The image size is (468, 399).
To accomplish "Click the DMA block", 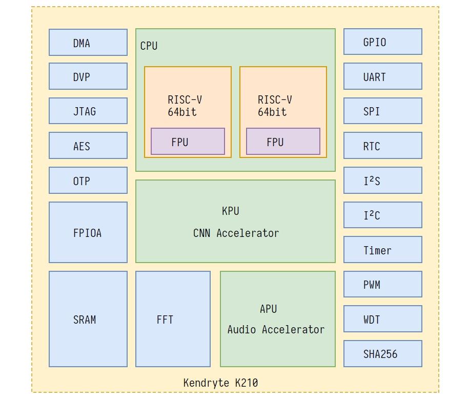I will tap(88, 43).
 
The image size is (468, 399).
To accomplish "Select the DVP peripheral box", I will tap(88, 76).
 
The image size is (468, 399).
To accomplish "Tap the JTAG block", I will tap(88, 111).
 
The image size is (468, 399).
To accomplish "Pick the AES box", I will tap(88, 146).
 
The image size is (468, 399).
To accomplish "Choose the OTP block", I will tap(88, 180).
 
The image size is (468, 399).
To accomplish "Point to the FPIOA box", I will tap(88, 232).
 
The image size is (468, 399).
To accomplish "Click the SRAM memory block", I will tap(88, 319).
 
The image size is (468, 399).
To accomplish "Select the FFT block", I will tap(173, 319).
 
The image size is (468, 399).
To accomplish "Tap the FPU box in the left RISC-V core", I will tap(188, 142).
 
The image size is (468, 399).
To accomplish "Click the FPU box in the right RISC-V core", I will tap(283, 142).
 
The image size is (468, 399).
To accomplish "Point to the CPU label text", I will tap(149, 46).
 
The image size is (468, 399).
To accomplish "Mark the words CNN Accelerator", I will tap(236, 233).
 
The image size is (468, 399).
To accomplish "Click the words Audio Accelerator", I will tap(276, 329).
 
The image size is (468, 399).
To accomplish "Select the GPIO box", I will tap(382, 42).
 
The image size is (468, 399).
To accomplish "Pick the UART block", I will tap(382, 76).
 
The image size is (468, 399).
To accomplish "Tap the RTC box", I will tap(382, 146).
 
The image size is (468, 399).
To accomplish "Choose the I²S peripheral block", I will tap(382, 180).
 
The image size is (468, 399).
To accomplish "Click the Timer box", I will tap(382, 250).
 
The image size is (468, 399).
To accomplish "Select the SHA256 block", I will tap(382, 353).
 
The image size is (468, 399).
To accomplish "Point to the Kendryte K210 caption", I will tap(220, 383).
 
